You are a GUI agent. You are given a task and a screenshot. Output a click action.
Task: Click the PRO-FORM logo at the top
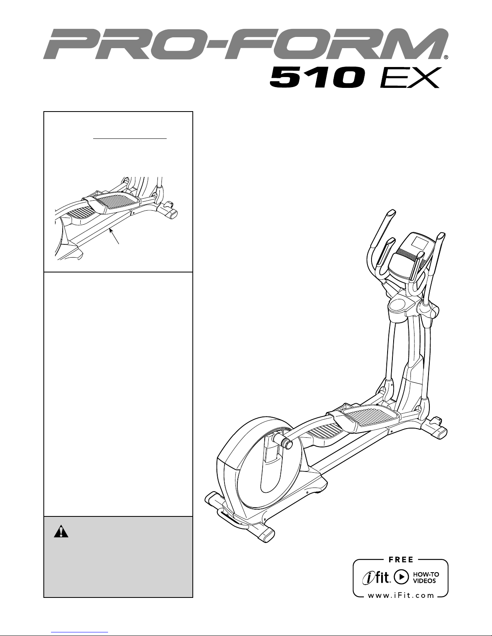(245, 44)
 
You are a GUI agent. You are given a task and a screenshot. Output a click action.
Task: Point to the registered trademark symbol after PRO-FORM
(446, 57)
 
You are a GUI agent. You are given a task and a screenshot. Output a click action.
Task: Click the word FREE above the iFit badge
(401, 560)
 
